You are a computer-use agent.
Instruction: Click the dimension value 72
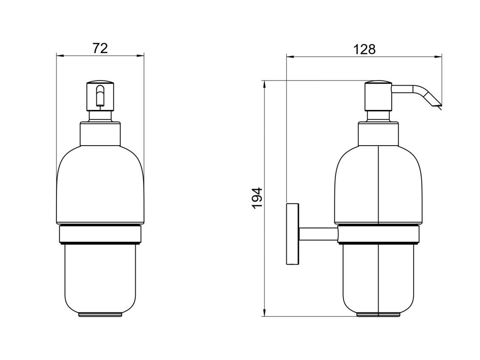[x=100, y=48]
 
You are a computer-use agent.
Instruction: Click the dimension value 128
[x=364, y=49]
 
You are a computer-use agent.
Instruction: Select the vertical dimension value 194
[x=258, y=198]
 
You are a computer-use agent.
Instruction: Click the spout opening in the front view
[x=100, y=96]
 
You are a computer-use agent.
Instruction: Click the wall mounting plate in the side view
[x=293, y=233]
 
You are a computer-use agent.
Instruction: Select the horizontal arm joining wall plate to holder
[x=318, y=234]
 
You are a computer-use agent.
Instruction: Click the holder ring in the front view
[x=100, y=235]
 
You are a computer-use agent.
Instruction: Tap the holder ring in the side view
[x=379, y=235]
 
